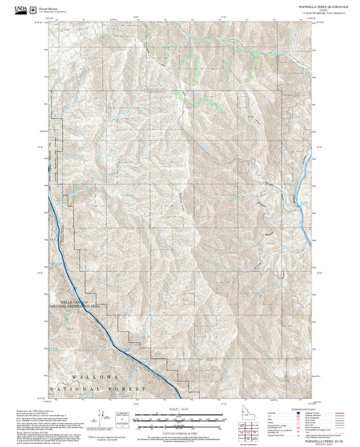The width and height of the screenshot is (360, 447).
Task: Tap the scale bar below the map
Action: (x=178, y=419)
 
